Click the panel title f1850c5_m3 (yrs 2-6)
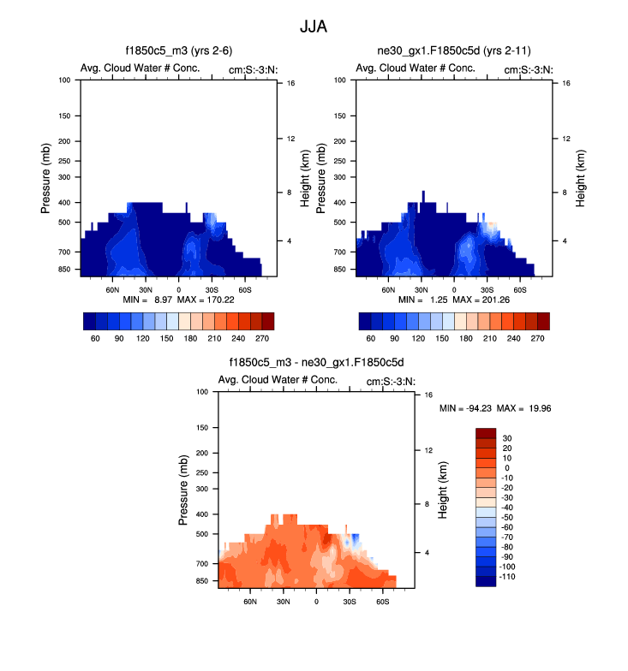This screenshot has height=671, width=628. click(180, 51)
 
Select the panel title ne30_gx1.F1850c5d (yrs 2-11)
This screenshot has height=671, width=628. click(454, 51)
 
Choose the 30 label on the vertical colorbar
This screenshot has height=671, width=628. click(506, 437)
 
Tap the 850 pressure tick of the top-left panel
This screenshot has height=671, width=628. click(65, 270)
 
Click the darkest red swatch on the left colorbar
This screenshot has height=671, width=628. click(268, 321)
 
